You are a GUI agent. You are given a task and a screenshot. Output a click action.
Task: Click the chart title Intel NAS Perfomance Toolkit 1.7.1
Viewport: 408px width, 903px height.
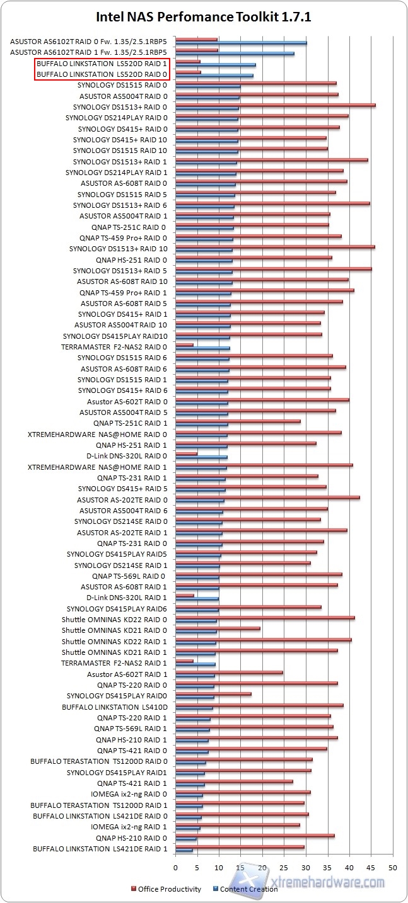(204, 16)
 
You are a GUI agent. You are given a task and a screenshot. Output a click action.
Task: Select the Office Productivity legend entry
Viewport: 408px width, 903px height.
(167, 889)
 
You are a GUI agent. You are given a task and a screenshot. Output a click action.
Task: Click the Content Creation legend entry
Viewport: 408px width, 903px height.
(248, 889)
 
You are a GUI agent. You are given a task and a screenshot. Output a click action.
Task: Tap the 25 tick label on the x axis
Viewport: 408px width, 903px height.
(284, 867)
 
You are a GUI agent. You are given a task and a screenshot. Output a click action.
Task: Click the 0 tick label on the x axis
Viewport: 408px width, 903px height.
(176, 867)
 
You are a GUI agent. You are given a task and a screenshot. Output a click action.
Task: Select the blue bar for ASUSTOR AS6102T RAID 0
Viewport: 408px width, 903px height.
(241, 43)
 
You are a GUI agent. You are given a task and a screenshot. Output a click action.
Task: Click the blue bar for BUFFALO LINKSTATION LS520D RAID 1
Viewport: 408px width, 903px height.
(216, 65)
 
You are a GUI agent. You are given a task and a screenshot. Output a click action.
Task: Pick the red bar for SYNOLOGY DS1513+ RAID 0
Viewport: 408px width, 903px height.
(275, 105)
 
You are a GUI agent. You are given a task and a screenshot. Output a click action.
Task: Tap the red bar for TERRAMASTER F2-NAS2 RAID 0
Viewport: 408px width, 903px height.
(184, 344)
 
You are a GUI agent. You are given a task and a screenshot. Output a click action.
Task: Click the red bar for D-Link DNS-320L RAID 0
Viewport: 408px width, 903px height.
(186, 453)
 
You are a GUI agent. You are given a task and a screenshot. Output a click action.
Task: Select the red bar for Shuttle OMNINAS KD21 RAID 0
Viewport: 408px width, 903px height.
(218, 628)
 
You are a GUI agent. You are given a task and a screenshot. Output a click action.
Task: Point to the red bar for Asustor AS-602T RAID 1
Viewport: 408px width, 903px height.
(229, 672)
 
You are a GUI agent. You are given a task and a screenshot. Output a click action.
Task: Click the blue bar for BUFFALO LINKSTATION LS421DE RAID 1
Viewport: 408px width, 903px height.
(184, 850)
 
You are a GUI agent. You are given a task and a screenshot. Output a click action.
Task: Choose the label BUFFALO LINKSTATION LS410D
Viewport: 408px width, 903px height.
(114, 707)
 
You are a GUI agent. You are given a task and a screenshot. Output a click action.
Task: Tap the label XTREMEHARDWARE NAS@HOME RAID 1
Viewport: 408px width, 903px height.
(97, 467)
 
